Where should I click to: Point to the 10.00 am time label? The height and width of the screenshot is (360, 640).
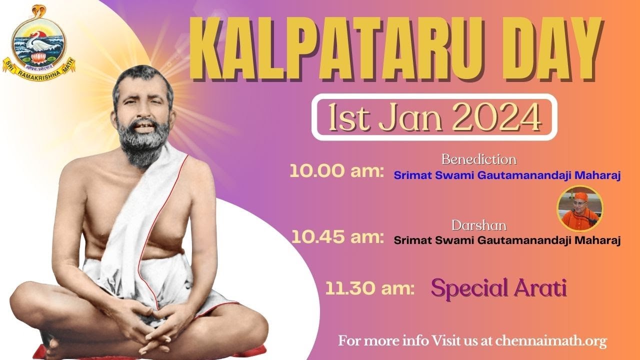click(x=336, y=172)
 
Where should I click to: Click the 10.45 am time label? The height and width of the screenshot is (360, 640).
click(x=337, y=237)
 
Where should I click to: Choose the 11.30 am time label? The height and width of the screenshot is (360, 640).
click(x=369, y=288)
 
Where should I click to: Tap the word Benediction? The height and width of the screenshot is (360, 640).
click(x=478, y=159)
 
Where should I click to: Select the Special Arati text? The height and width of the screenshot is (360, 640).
click(x=498, y=288)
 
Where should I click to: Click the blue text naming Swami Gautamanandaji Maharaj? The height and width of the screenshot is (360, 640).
click(x=507, y=175)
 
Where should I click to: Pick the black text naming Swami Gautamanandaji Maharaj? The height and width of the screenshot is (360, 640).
click(x=507, y=240)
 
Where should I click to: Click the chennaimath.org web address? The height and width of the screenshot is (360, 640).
click(x=551, y=341)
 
